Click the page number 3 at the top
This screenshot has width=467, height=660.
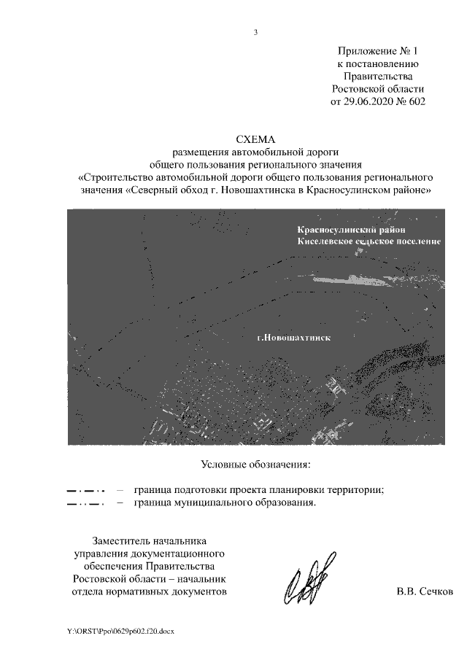click(256, 32)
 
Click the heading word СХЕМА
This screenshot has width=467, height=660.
click(255, 139)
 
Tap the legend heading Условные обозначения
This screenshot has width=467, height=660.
click(255, 465)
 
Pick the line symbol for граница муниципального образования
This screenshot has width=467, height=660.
click(85, 503)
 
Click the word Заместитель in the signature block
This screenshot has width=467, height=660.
click(122, 541)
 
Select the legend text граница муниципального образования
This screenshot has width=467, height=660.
click(225, 502)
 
